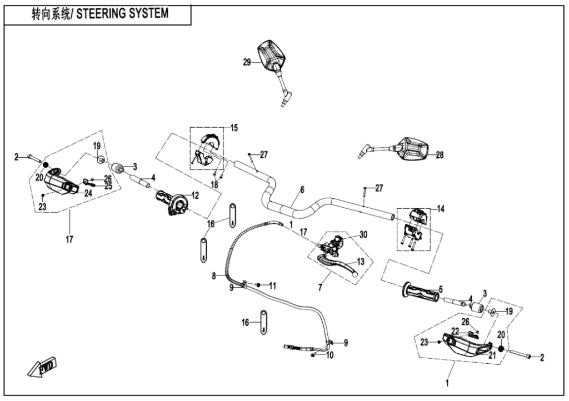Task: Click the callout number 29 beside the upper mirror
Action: tap(247, 63)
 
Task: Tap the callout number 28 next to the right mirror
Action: tap(440, 156)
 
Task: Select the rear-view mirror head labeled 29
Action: tap(271, 54)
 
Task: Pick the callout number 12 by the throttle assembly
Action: tap(195, 195)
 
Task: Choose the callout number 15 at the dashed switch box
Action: tap(234, 128)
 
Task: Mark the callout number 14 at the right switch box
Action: tap(441, 209)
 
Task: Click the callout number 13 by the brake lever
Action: tap(360, 261)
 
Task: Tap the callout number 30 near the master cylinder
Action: tap(364, 235)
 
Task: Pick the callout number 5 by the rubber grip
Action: tap(440, 289)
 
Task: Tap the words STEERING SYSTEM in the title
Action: tap(122, 13)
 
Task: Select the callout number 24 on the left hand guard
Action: tap(88, 193)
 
